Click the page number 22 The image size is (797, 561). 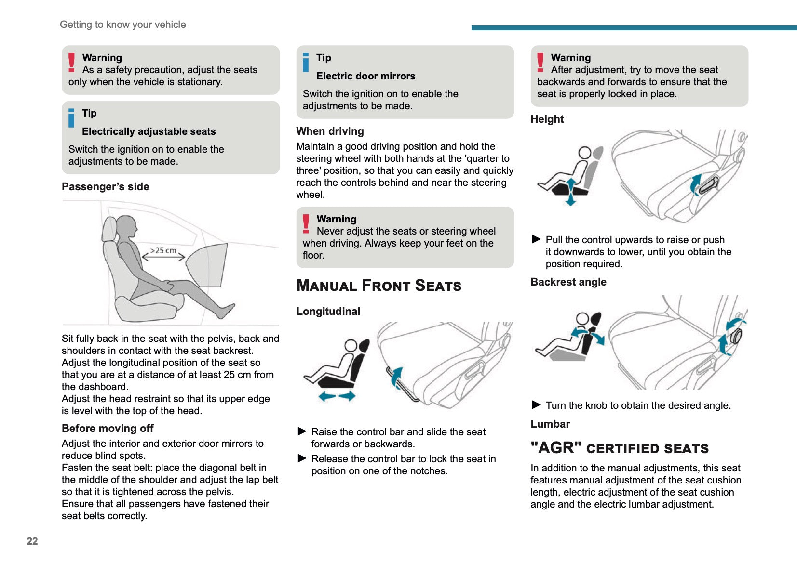pyautogui.click(x=32, y=541)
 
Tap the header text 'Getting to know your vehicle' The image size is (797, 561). pyautogui.click(x=122, y=25)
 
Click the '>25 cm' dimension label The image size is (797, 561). pyautogui.click(x=163, y=250)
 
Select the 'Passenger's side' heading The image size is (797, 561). pyautogui.click(x=105, y=187)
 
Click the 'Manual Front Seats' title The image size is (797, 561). pyautogui.click(x=378, y=286)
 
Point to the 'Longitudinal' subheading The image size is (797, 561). pyautogui.click(x=328, y=312)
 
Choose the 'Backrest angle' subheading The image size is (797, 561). pyautogui.click(x=568, y=282)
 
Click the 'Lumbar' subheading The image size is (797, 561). pyautogui.click(x=550, y=424)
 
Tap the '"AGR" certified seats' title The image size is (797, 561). pyautogui.click(x=619, y=448)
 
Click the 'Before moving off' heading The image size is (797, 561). pyautogui.click(x=108, y=429)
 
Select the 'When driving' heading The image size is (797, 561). pyautogui.click(x=330, y=131)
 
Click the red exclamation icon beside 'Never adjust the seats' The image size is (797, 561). pyautogui.click(x=306, y=224)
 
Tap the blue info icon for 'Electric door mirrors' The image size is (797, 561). pyautogui.click(x=306, y=63)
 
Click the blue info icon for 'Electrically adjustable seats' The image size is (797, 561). pyautogui.click(x=71, y=118)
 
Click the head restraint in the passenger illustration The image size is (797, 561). pyautogui.click(x=109, y=229)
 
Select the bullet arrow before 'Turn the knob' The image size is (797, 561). pyautogui.click(x=536, y=404)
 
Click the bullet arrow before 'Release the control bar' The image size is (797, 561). pyautogui.click(x=302, y=458)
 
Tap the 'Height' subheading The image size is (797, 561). pyautogui.click(x=547, y=119)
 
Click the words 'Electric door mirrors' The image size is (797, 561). pyautogui.click(x=365, y=76)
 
